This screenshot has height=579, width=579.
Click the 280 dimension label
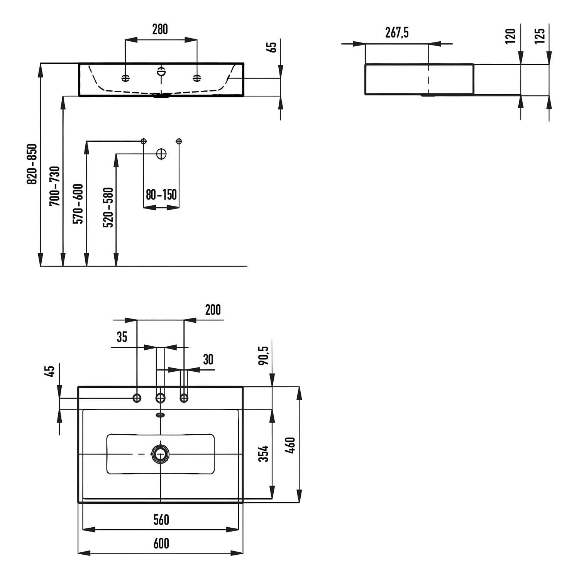click(x=160, y=29)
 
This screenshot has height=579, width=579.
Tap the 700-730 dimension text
click(x=55, y=186)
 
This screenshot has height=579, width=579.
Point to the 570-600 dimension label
click(x=78, y=204)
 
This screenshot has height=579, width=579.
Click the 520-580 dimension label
click(x=108, y=207)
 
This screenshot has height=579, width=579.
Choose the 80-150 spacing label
click(x=161, y=195)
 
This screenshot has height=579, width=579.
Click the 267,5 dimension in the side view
click(x=397, y=33)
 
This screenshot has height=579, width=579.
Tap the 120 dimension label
click(x=510, y=36)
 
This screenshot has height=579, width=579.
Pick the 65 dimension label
click(x=272, y=47)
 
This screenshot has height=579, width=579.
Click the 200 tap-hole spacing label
click(x=213, y=310)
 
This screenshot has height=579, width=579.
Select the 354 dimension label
click(x=264, y=454)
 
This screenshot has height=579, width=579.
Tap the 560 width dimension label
click(x=161, y=520)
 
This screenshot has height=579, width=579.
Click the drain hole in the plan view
click(x=160, y=454)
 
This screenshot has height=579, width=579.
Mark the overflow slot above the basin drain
click(x=160, y=415)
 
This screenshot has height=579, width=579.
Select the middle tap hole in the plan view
click(x=160, y=398)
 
